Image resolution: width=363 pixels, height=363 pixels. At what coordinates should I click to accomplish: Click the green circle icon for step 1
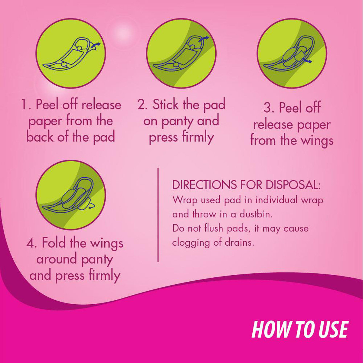tap(70, 54)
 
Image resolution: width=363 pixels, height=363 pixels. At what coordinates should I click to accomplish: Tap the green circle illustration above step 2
tap(181, 54)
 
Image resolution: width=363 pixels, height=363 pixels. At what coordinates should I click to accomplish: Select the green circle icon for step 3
tap(292, 54)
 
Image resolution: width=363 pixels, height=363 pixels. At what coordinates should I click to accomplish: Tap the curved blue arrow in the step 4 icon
tap(91, 206)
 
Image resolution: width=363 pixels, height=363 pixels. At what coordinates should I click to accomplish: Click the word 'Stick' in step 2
tap(165, 105)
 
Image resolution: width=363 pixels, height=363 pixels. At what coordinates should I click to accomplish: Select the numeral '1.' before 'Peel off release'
tap(25, 105)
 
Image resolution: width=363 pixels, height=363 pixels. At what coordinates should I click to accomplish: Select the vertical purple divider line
tap(158, 215)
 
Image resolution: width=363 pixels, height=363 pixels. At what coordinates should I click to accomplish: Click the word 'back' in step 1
tap(40, 137)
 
